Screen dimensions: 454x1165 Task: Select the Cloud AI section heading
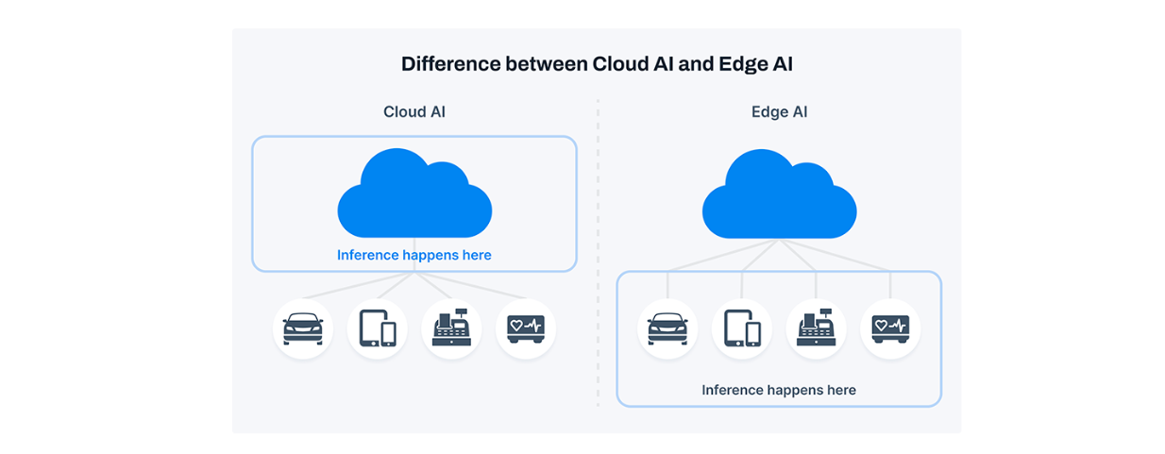coord(414,112)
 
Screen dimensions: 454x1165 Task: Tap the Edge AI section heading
coord(779,112)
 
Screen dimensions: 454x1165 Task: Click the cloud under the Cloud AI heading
coord(414,195)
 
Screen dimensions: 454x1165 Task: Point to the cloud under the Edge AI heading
coord(779,195)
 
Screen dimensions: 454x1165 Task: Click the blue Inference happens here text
coord(414,255)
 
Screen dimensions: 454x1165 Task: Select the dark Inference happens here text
coord(779,390)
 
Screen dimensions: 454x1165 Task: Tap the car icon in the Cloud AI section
coord(303,328)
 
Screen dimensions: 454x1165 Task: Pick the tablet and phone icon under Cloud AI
coord(377,328)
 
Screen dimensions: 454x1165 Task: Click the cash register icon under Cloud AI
coord(451,328)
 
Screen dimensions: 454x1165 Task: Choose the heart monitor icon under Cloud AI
coord(526,328)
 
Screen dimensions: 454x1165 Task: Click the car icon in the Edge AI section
coord(667,328)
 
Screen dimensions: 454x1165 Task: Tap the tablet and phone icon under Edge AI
coord(742,328)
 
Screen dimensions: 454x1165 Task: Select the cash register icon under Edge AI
coord(816,328)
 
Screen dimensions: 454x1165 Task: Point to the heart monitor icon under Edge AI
coord(890,328)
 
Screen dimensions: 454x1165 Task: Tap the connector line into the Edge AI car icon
coord(667,285)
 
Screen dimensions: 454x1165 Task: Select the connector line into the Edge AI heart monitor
coord(890,285)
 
